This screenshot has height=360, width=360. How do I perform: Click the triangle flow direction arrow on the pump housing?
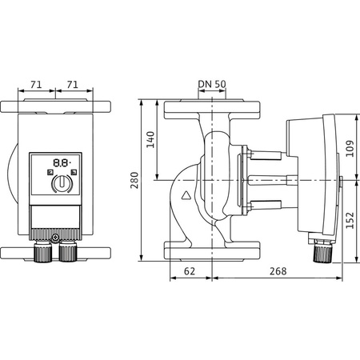[x=186, y=194]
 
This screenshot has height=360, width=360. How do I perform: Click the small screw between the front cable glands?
[x=56, y=238]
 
